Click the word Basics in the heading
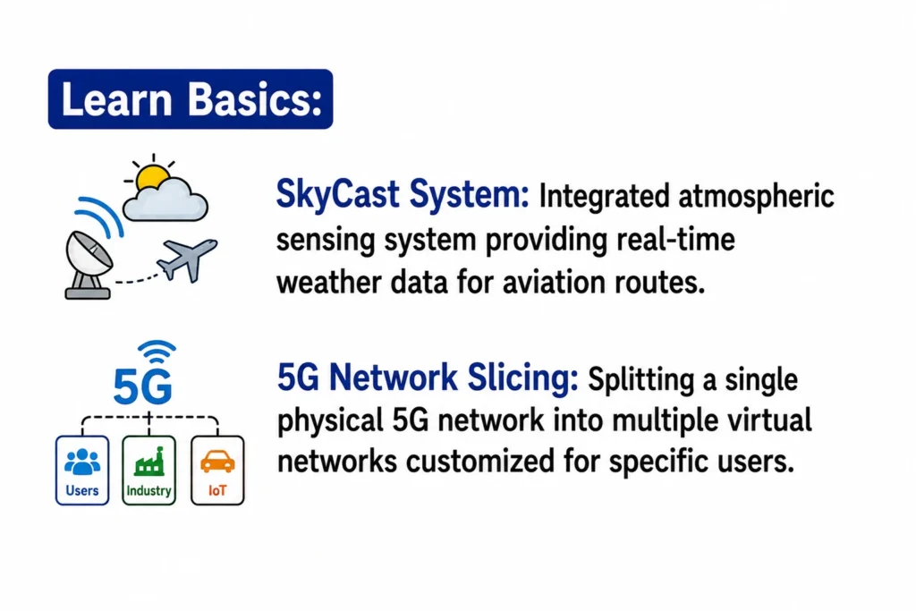(255, 99)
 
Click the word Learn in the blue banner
(117, 99)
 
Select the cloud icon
(165, 199)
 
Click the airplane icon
(188, 259)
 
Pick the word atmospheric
(756, 197)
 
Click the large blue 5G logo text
(142, 386)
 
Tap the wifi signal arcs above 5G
(157, 352)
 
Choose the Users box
(82, 471)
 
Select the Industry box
(149, 471)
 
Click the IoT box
(217, 471)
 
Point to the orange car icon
(217, 462)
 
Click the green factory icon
(149, 462)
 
